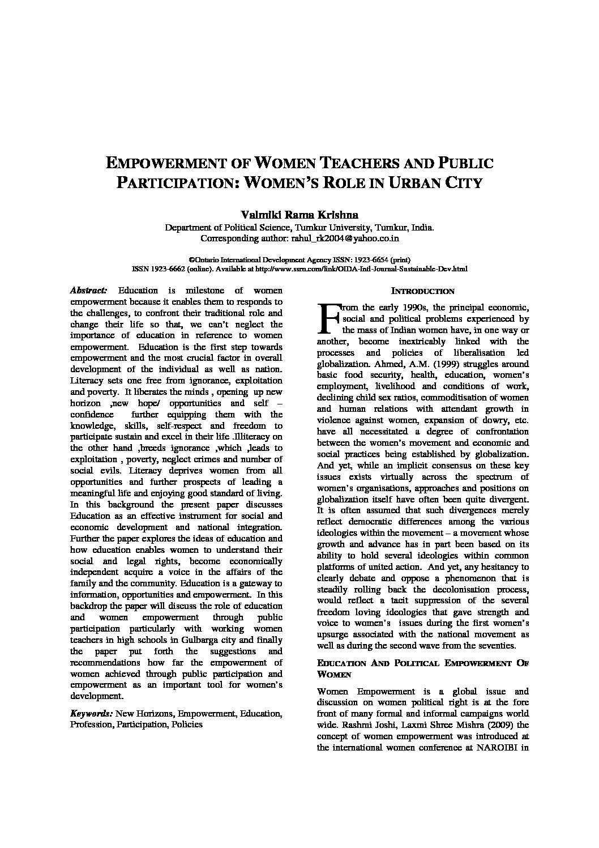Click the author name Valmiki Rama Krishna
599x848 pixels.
click(x=299, y=215)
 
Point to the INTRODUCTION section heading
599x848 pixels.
click(x=423, y=291)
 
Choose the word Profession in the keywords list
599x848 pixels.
click(x=92, y=724)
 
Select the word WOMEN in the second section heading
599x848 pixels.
click(x=334, y=675)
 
